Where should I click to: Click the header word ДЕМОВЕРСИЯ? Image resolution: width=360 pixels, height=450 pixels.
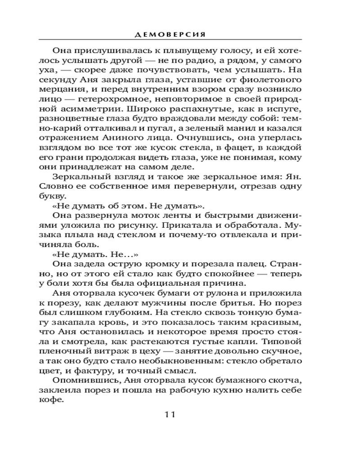[180, 34]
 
